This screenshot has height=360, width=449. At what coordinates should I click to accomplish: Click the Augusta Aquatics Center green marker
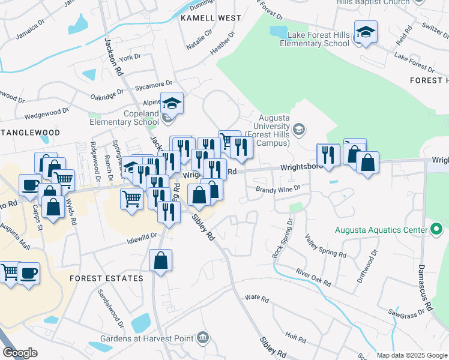point(436,229)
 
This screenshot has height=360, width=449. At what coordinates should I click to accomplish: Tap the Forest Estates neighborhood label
point(106,278)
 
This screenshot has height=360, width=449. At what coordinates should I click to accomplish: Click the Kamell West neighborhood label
point(210,18)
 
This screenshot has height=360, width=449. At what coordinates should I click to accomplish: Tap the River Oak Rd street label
point(313,277)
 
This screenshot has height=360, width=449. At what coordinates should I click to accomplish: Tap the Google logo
point(20,353)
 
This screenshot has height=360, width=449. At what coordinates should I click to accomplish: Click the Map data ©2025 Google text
point(411,355)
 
